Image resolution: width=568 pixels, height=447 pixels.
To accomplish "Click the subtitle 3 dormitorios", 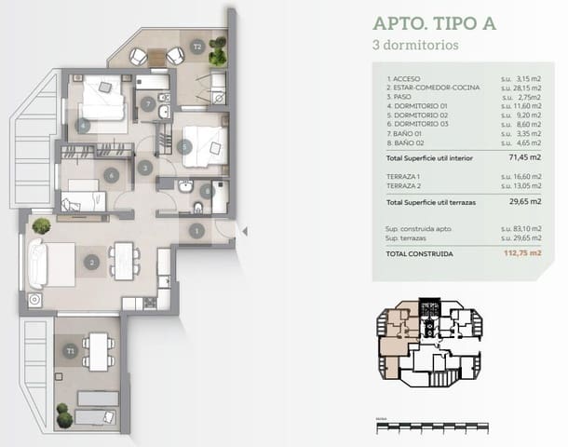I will point(414,44).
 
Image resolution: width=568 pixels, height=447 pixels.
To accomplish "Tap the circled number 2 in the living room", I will point(91,262).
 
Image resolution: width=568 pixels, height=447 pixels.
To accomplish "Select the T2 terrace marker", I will point(196,46).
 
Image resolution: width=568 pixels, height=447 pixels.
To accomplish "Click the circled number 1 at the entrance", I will point(196,230).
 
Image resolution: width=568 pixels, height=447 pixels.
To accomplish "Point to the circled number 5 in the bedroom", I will point(185,146).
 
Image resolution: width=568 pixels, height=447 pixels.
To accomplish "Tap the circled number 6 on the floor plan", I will point(111,174).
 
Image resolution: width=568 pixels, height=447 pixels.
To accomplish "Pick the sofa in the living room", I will point(38,264).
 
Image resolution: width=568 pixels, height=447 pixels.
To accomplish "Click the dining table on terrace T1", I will point(97,351).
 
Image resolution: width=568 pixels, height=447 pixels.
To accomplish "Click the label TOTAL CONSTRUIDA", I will point(419,252).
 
